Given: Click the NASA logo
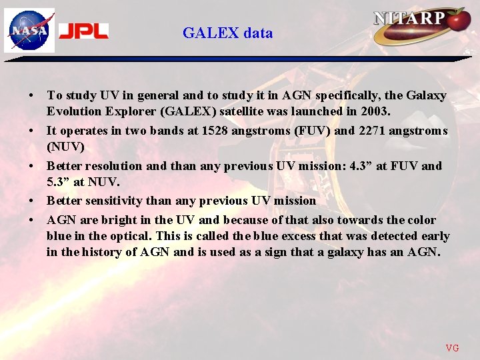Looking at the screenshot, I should [x=29, y=31].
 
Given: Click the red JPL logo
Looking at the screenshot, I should [x=83, y=31].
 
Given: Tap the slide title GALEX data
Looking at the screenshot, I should [x=227, y=33].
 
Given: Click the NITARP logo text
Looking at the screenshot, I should [x=409, y=18].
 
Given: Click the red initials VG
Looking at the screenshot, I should [x=452, y=347].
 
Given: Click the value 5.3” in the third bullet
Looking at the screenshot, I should [x=59, y=181].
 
